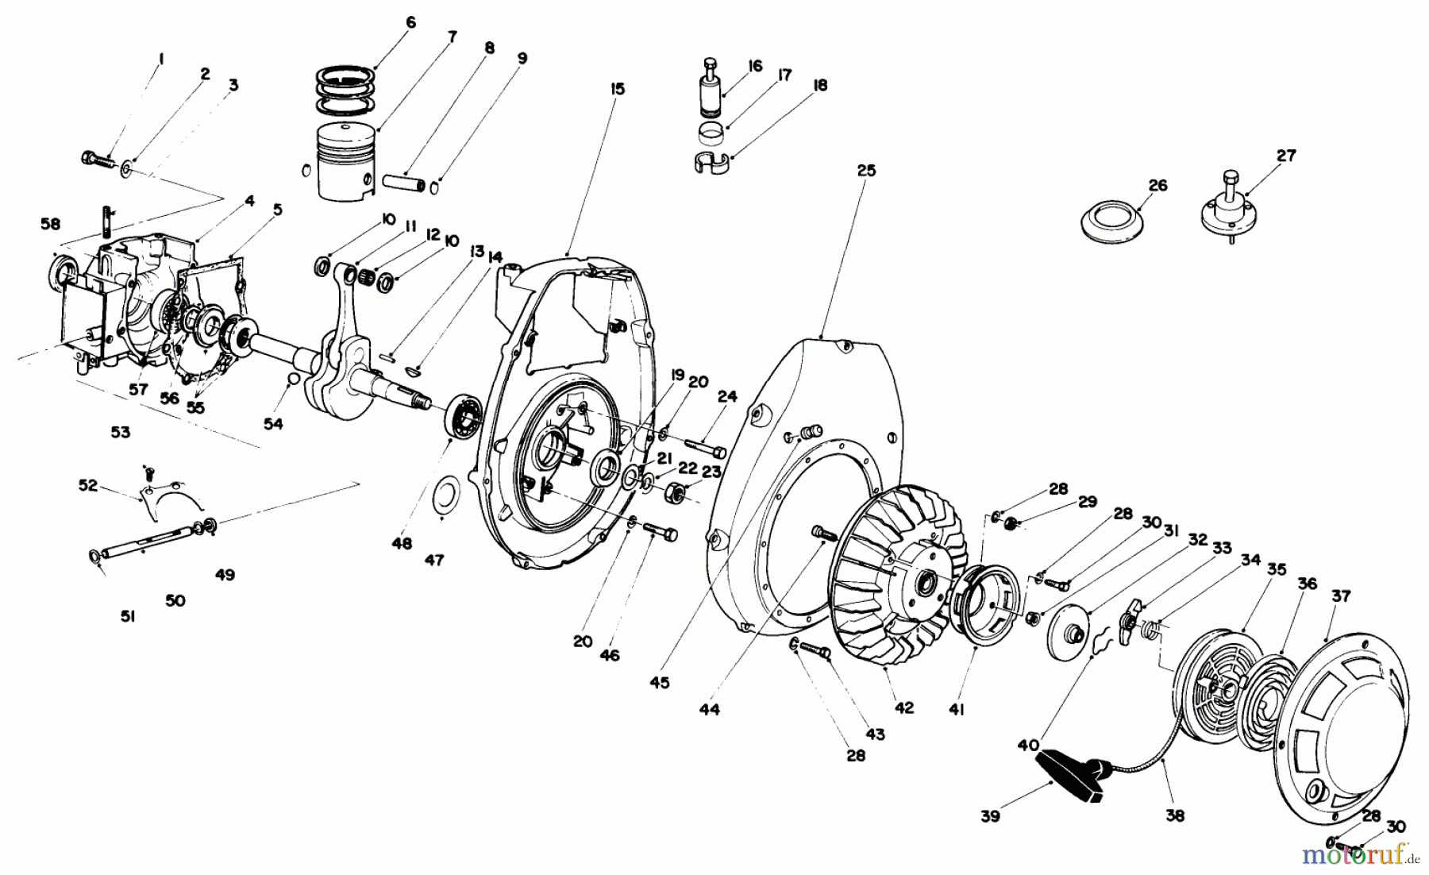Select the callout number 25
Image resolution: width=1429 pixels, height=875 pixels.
click(866, 171)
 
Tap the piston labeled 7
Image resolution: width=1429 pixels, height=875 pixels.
click(346, 161)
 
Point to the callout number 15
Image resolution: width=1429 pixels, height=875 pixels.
click(618, 89)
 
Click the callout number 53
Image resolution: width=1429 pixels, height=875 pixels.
click(120, 433)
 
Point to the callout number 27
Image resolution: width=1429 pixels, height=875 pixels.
click(1285, 156)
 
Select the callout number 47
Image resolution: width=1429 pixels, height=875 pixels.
click(433, 561)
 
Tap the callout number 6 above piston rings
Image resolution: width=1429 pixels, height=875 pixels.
click(410, 23)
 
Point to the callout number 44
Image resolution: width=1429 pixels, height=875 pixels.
click(710, 710)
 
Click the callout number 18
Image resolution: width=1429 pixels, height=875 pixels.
click(820, 85)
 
